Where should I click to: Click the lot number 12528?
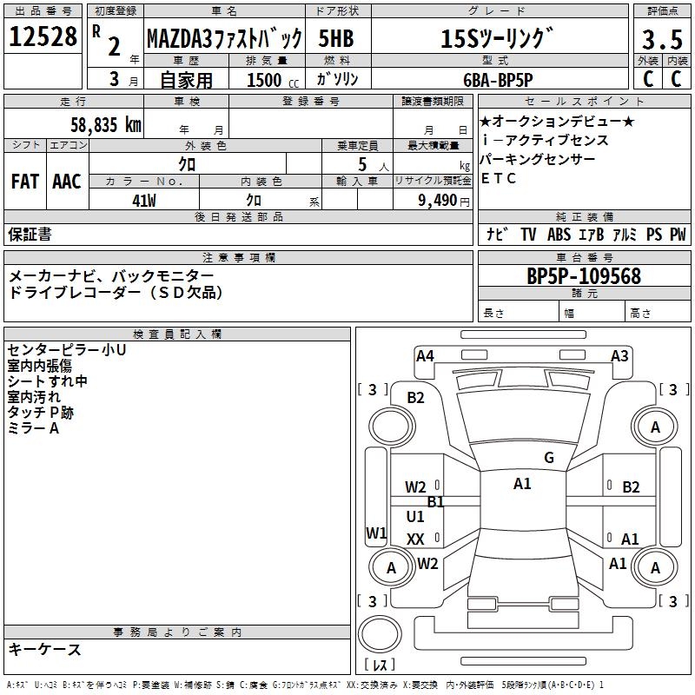click(x=43, y=37)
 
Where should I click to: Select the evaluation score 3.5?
click(x=662, y=40)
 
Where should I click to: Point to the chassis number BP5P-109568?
click(x=584, y=276)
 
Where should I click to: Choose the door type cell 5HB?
click(x=337, y=39)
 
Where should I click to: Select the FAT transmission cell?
click(x=25, y=182)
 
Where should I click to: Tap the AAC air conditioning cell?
click(x=67, y=182)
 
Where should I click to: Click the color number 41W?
click(x=143, y=199)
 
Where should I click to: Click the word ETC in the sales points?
click(x=499, y=178)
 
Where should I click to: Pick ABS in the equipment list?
click(x=559, y=234)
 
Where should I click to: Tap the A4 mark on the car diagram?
click(x=425, y=355)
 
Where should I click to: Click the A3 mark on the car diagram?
click(x=619, y=355)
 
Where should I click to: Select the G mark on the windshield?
click(x=548, y=458)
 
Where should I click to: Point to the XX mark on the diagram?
click(x=415, y=539)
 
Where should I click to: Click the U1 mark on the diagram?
click(x=415, y=517)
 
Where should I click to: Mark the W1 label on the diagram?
click(x=376, y=533)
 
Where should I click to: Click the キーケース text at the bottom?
click(x=45, y=649)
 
